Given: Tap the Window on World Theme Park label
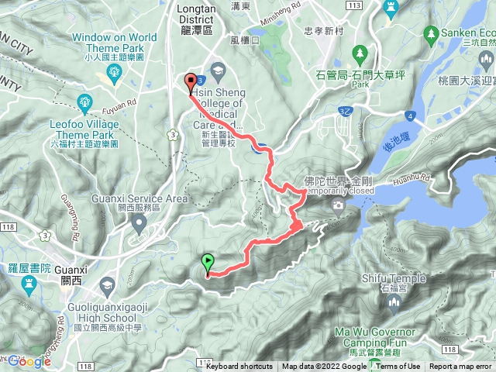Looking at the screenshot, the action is pos(115,42).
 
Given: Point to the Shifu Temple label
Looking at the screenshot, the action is pos(393,279).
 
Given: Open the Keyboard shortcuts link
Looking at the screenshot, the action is pos(239,367).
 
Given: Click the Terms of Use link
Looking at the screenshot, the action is pos(398,367).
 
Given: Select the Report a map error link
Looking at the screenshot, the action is pos(460,367).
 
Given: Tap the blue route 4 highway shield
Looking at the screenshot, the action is pos(408,116).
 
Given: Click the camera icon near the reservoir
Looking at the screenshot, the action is pos(337,205).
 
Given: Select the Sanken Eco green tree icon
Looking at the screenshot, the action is pos(431,33).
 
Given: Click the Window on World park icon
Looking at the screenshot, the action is pos(115,72).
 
